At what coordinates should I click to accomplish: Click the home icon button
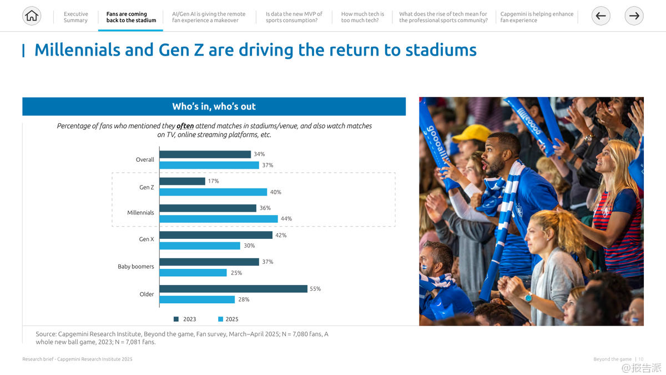point(32,16)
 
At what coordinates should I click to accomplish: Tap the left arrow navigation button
point(601,16)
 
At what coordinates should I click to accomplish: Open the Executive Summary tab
point(75,17)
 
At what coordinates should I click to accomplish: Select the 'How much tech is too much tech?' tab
point(362,17)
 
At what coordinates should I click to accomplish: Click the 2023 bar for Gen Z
point(182,181)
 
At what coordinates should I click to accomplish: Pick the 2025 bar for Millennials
point(219,219)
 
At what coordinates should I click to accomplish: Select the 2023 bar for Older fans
point(233,289)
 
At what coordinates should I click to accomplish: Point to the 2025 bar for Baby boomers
point(193,273)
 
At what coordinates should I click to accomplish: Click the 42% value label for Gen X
point(281,235)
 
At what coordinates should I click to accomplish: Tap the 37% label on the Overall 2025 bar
point(268,165)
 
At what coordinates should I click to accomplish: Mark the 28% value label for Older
point(244,299)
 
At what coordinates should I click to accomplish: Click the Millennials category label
point(140,213)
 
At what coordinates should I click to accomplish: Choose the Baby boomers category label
point(136,267)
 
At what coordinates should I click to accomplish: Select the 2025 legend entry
point(228,319)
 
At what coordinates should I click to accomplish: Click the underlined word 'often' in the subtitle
point(185,126)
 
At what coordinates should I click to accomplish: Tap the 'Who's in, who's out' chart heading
point(214,107)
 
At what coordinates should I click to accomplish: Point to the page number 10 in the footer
point(641,359)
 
